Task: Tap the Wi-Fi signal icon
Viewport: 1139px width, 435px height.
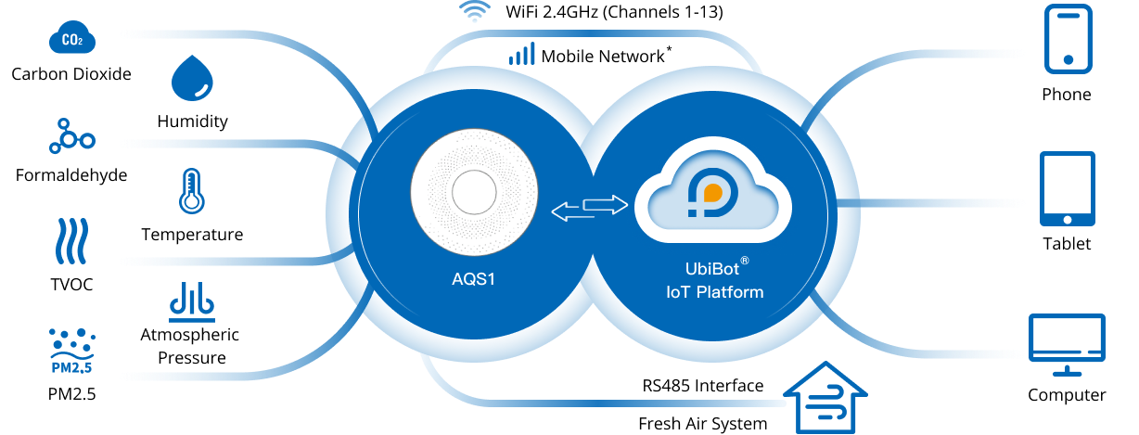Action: click(x=474, y=12)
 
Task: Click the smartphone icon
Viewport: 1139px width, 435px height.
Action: click(x=1069, y=38)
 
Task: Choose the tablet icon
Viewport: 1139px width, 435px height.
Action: click(x=1068, y=188)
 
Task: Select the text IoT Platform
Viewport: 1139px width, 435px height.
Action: click(x=715, y=293)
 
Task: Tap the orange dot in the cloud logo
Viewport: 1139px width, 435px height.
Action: click(x=712, y=193)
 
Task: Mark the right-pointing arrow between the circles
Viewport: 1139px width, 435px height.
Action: click(x=607, y=203)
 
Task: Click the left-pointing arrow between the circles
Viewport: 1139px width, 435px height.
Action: click(x=573, y=213)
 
